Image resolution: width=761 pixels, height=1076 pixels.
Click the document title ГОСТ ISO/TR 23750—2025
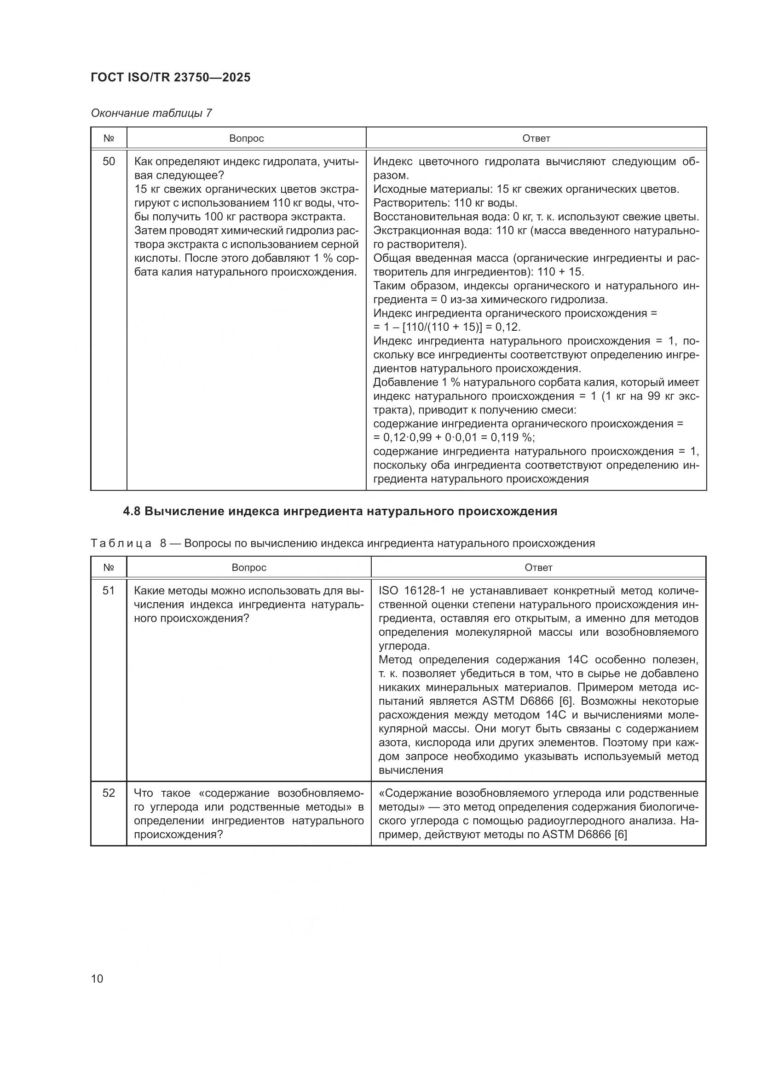point(171,77)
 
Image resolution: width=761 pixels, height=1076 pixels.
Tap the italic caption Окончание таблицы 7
point(151,113)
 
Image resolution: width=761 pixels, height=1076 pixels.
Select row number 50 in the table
point(109,161)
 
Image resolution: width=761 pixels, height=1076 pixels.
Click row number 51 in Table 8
point(109,591)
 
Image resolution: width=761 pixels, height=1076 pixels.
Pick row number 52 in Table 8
point(109,793)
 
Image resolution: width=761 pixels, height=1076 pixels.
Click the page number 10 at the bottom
point(97,978)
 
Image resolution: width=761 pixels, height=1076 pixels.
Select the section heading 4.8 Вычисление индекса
point(340,511)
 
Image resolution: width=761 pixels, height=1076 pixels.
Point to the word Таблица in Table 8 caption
point(121,543)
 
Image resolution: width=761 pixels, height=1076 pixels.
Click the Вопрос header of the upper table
point(247,138)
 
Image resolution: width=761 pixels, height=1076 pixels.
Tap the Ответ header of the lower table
point(538,568)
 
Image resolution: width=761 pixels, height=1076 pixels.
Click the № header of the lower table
point(109,568)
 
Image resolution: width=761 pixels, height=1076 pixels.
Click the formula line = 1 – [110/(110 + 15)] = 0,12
point(447,327)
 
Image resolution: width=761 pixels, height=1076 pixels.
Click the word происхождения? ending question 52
point(178,834)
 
